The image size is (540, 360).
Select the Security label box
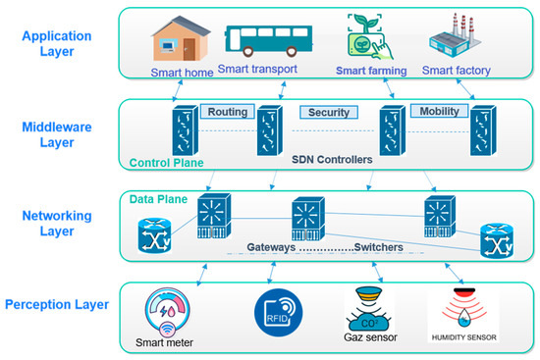click(x=328, y=112)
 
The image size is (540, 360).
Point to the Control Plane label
click(x=158, y=162)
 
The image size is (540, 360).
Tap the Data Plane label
click(x=156, y=198)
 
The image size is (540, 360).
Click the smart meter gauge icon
click(x=171, y=312)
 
